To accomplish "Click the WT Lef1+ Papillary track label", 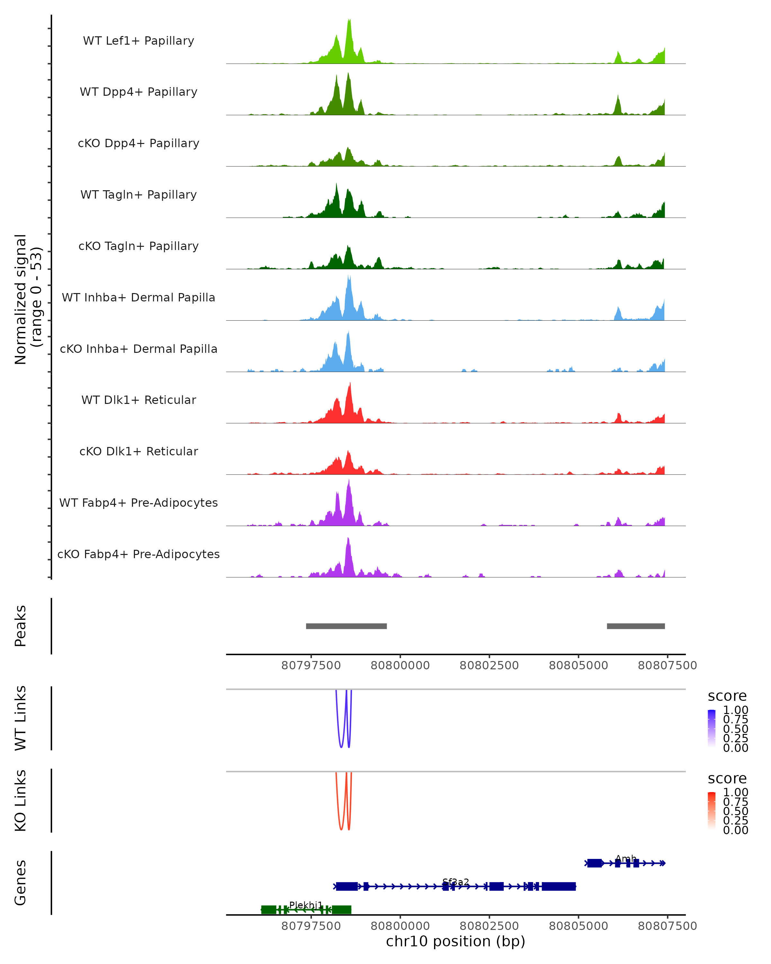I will [138, 41].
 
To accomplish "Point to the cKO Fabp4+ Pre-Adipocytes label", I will [138, 554].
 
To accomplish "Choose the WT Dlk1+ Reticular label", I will [138, 400].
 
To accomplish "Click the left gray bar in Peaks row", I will [346, 626].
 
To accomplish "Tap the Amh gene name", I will [626, 859].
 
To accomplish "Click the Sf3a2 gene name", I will [456, 882].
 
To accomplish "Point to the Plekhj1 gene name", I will [306, 905].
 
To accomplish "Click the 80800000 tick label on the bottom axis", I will [400, 926].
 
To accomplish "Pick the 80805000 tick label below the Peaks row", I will [578, 665].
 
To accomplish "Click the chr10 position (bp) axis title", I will [456, 942].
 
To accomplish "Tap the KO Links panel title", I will [21, 800].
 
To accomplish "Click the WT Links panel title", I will [21, 718].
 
